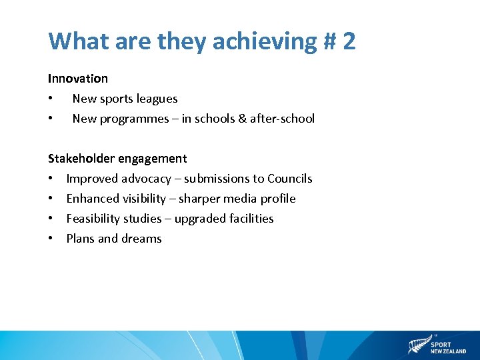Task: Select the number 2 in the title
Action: tap(349, 41)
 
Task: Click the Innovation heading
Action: tap(77, 79)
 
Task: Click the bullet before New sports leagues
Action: tap(51, 99)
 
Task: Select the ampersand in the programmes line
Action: tap(240, 119)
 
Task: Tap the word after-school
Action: tap(282, 119)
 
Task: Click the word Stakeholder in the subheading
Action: tap(81, 159)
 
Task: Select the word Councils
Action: tap(289, 179)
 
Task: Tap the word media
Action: tap(240, 199)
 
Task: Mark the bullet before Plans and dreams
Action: tap(51, 239)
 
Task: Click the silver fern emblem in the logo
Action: tap(418, 346)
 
